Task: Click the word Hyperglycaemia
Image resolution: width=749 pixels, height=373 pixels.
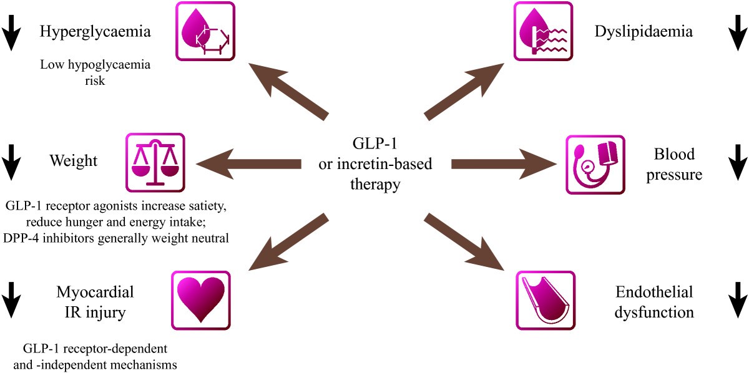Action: click(x=95, y=32)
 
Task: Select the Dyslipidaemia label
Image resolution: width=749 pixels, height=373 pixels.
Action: click(x=644, y=32)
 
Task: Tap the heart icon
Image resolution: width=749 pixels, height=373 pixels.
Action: click(x=200, y=300)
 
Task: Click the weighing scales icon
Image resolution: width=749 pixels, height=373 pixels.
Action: click(x=155, y=162)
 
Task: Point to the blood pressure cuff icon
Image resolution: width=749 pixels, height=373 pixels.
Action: click(x=595, y=165)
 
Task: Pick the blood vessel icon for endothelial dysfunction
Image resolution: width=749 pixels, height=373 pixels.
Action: click(x=546, y=300)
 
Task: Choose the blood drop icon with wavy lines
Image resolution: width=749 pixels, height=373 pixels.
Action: click(x=543, y=31)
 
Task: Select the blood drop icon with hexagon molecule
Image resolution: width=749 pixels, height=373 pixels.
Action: click(x=205, y=31)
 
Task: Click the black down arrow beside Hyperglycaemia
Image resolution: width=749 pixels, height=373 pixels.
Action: click(x=11, y=33)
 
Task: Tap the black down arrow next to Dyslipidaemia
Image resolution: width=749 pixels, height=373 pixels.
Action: click(x=738, y=33)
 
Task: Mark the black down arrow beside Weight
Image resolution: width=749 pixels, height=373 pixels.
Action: click(x=11, y=162)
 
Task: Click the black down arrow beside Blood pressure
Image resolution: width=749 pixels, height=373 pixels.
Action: click(x=738, y=162)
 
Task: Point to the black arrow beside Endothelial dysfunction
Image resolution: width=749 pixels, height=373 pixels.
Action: click(x=738, y=300)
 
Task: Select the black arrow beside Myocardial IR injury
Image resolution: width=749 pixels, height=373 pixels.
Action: click(x=11, y=300)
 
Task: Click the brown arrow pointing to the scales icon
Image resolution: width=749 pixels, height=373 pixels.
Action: click(x=248, y=164)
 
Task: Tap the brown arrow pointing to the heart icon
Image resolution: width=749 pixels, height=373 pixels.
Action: click(x=289, y=242)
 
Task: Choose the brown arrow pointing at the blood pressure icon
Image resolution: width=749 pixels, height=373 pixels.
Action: click(x=504, y=164)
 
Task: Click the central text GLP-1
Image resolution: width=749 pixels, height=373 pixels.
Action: click(x=375, y=143)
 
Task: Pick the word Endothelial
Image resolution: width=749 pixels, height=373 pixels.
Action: click(x=654, y=292)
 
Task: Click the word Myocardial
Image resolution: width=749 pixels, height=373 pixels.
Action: click(x=95, y=292)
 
